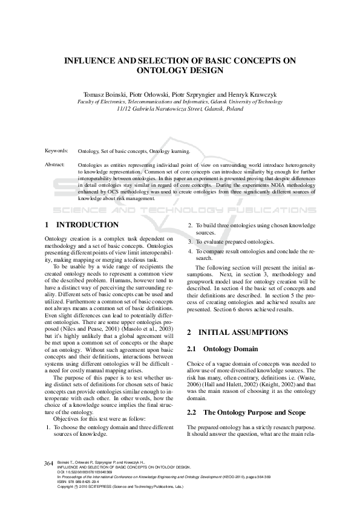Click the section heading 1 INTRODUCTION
82,225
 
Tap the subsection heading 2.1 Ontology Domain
222,349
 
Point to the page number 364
49,463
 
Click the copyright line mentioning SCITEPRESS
116,486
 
